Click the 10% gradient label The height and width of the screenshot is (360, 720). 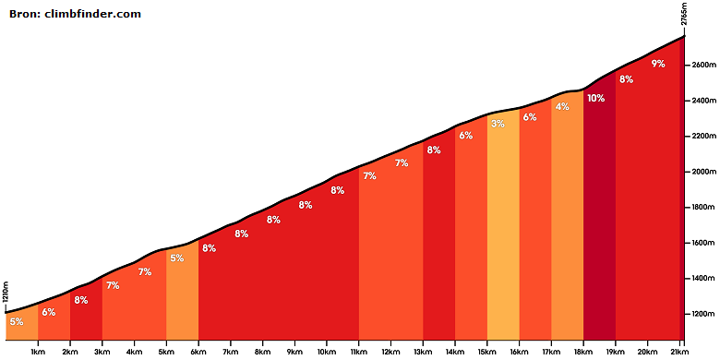pyautogui.click(x=595, y=98)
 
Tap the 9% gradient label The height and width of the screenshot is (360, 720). pyautogui.click(x=658, y=64)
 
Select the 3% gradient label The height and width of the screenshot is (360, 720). pyautogui.click(x=498, y=124)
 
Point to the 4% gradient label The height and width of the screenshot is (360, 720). pyautogui.click(x=562, y=106)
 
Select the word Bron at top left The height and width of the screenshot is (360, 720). pyautogui.click(x=24, y=14)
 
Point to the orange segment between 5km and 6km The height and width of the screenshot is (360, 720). pyautogui.click(x=182, y=294)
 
